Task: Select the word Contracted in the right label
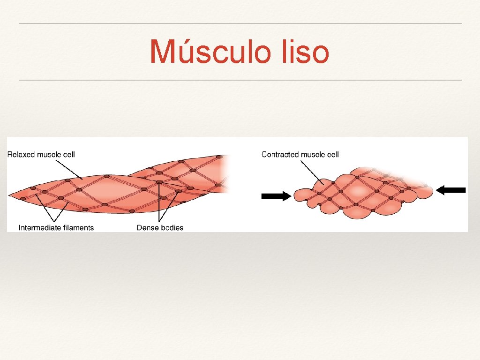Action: pos(280,154)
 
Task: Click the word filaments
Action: pos(77,228)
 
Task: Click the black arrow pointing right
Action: pos(276,196)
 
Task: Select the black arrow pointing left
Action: pos(451,190)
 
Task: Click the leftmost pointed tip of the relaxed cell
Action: pos(9,195)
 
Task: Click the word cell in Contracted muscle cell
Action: pos(332,154)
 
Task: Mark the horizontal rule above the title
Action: pos(240,23)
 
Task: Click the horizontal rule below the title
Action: pos(240,80)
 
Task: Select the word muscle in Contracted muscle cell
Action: pos(312,154)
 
